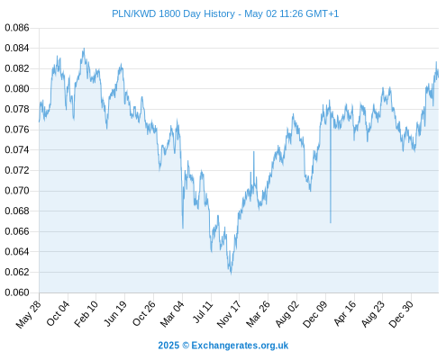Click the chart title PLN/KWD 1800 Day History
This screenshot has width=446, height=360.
173,13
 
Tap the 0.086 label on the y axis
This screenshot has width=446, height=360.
17,28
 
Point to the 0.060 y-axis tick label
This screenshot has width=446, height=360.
17,292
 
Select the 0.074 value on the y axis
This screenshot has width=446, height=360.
17,149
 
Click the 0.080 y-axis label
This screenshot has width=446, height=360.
17,89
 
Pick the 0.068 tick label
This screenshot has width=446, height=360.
17,211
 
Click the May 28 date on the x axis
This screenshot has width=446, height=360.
29,314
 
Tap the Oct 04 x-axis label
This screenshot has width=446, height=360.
58,313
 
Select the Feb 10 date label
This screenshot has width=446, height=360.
86,313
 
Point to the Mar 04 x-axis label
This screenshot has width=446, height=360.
172,313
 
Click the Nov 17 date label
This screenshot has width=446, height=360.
229,314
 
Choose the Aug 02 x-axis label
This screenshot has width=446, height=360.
287,313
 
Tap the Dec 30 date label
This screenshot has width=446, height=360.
401,314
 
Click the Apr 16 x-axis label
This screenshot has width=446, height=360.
345,313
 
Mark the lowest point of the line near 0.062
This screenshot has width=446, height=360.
231,274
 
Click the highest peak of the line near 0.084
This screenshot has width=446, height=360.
84,49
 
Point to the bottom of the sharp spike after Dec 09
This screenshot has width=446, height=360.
331,222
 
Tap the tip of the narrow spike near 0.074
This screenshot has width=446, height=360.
254,152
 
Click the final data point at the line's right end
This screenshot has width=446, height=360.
438,76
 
